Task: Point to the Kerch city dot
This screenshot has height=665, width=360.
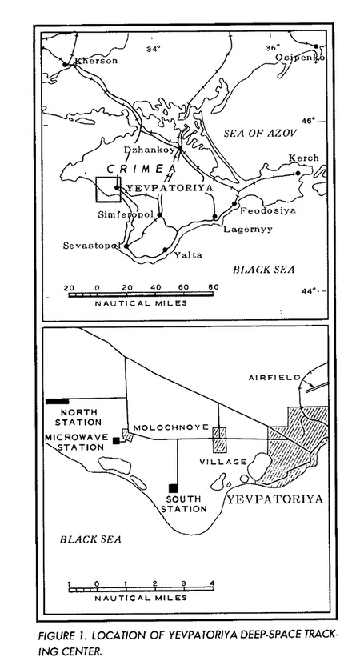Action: click(298, 173)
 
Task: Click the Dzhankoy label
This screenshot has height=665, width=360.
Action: click(150, 150)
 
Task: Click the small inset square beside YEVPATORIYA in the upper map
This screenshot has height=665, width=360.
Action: click(107, 189)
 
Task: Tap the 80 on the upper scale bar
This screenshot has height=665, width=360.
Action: click(214, 286)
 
